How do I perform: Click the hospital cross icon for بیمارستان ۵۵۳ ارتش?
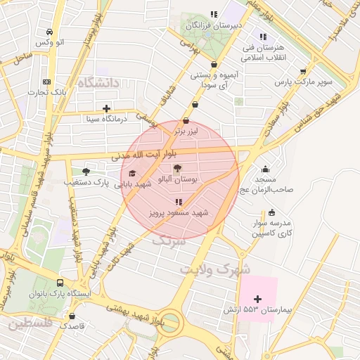(x=257, y=300)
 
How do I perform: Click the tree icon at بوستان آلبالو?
(x=176, y=169)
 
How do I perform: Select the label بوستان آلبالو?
(x=180, y=181)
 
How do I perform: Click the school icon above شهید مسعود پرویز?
(x=176, y=202)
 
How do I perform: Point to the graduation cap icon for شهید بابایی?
(x=132, y=173)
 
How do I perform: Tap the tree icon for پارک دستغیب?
(x=86, y=172)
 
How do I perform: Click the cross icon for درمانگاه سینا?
(x=106, y=108)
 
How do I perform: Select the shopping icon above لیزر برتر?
(x=186, y=120)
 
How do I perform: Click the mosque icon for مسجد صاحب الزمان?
(x=265, y=169)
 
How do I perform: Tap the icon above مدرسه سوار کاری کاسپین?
(x=271, y=213)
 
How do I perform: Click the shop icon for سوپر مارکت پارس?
(x=303, y=71)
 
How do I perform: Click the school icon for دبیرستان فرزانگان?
(x=213, y=14)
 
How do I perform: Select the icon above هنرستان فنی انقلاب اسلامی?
(x=262, y=37)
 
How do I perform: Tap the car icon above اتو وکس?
(x=49, y=32)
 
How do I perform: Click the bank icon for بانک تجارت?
(x=47, y=81)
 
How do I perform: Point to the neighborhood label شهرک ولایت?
(x=214, y=269)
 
